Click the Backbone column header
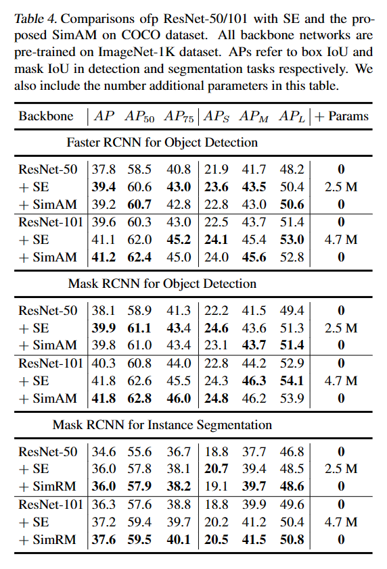[x=46, y=116]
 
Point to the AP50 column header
[x=139, y=116]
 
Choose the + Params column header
[x=340, y=116]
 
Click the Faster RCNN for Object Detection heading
[x=162, y=142]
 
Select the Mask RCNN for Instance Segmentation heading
[x=162, y=424]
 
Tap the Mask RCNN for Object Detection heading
[x=162, y=283]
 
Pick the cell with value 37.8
[x=104, y=170]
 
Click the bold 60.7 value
[x=139, y=203]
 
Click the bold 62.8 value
[x=139, y=398]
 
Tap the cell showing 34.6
[x=104, y=451]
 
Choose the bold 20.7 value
[x=217, y=468]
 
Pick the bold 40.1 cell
[x=178, y=539]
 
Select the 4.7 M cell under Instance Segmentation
[x=341, y=522]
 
